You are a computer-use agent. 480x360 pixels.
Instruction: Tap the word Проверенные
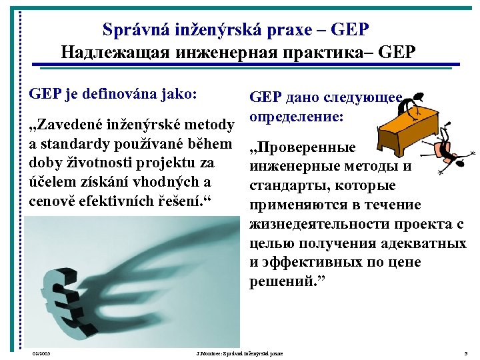(302, 148)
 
